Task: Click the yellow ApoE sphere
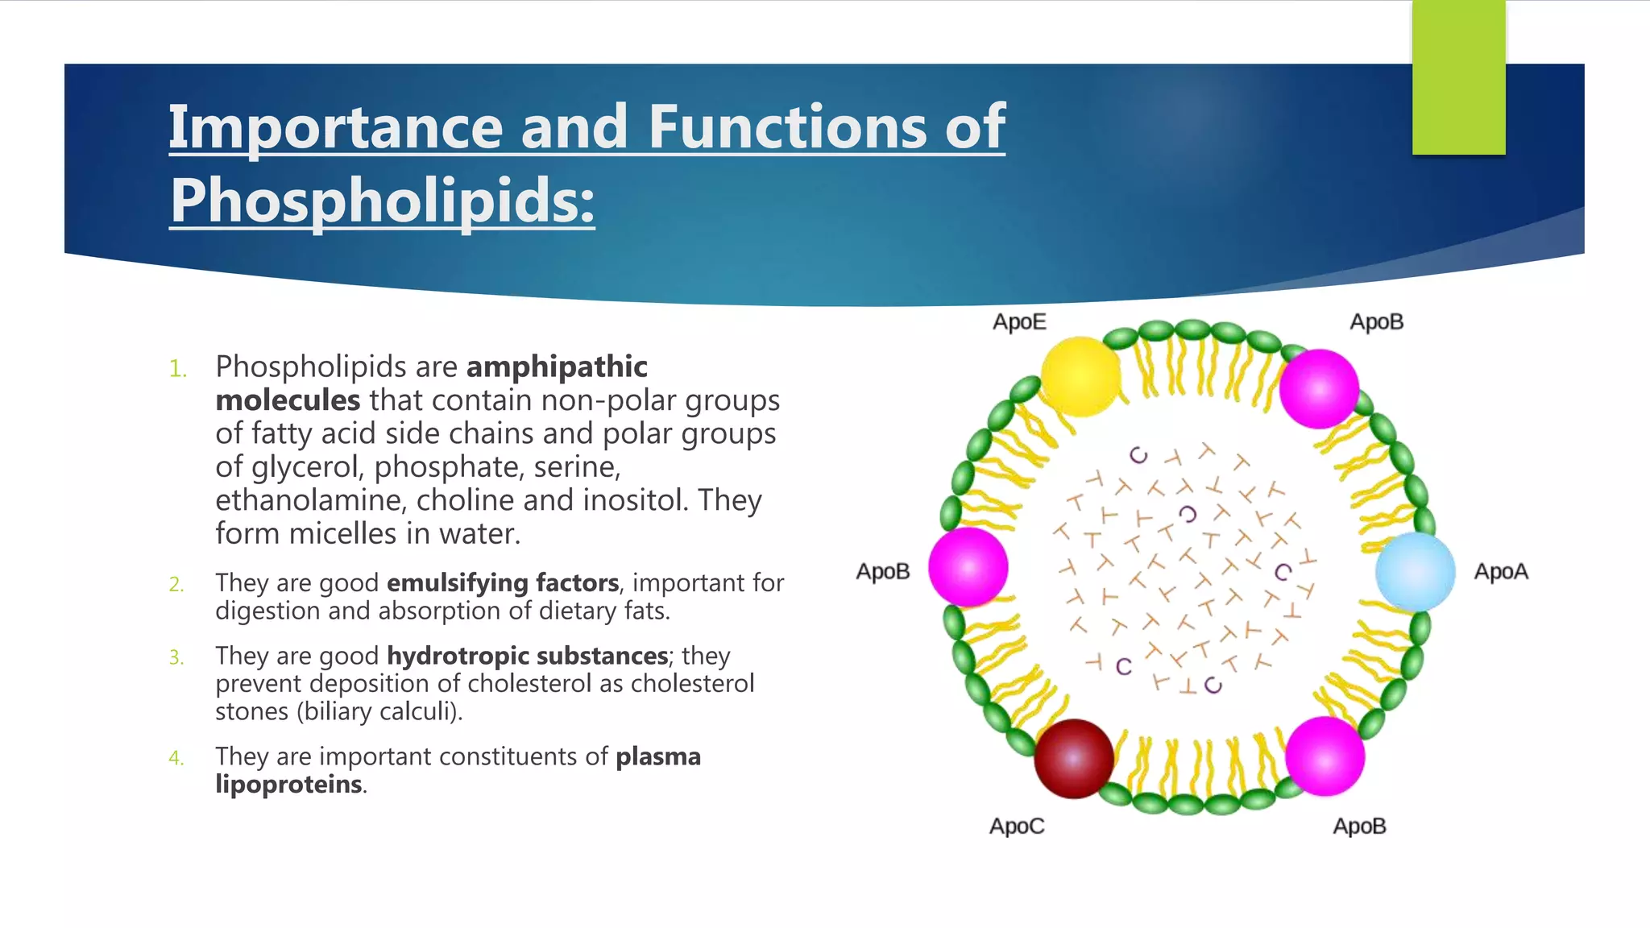1080,376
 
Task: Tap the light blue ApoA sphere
1415,571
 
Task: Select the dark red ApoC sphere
1074,758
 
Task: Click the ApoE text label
1019,322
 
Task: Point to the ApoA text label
1501,572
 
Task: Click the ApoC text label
1017,826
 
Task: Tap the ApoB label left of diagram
883,572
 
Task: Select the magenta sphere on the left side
968,567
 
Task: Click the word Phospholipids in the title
382,201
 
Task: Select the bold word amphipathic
557,367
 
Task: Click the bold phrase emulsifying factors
503,582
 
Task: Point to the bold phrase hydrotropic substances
527,656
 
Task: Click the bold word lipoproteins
288,784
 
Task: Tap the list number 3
176,658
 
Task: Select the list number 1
177,370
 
